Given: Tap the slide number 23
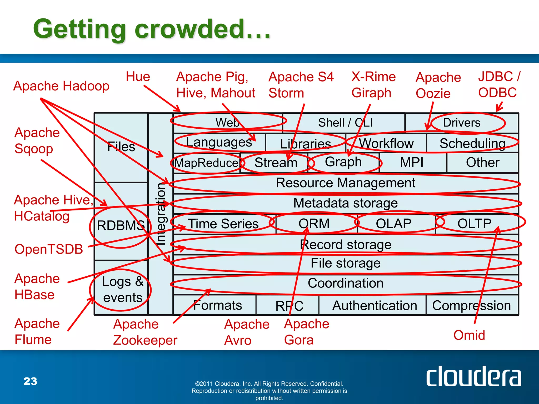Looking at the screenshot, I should [x=30, y=381].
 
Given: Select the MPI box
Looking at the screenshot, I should [x=412, y=162].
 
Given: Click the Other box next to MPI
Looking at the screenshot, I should [x=482, y=162].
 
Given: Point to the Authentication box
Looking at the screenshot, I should [x=375, y=305].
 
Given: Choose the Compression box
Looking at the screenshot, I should [x=471, y=305].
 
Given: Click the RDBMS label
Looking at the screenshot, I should [x=121, y=225].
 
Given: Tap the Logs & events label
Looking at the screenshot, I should [x=123, y=290].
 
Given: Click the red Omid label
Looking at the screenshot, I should [x=469, y=335].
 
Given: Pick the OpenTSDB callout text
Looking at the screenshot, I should [x=49, y=249].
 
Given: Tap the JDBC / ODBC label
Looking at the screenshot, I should [x=498, y=84].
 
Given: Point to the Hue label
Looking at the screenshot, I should [x=138, y=77].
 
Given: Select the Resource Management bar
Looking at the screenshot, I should [x=345, y=183].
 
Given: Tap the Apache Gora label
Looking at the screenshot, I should [x=306, y=332].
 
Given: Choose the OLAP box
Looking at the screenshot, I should [x=393, y=224].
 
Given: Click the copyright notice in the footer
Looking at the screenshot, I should [x=269, y=391].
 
